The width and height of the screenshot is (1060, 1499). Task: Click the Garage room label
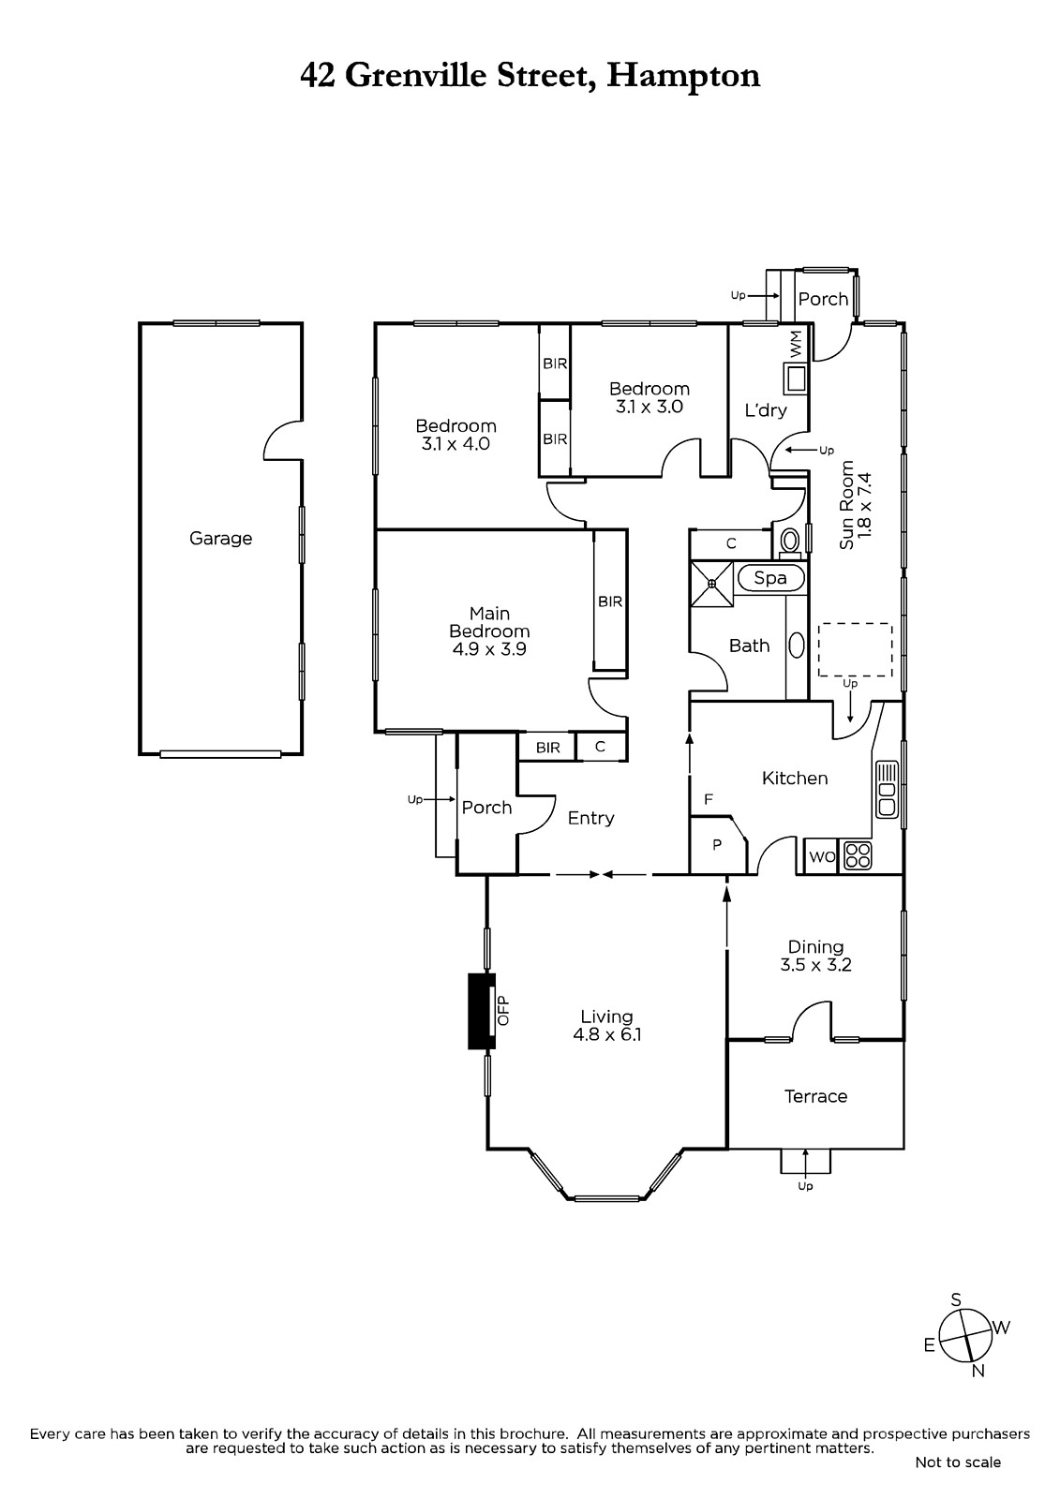[x=220, y=539]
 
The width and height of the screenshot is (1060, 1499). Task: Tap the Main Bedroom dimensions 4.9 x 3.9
[x=489, y=649]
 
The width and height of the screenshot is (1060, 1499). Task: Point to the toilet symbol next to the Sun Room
[x=791, y=541]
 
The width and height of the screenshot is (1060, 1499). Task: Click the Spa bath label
[x=770, y=578]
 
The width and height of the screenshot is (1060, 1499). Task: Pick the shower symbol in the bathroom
[x=711, y=584]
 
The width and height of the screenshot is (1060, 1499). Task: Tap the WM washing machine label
[x=797, y=344]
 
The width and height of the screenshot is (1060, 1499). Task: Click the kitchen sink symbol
[x=887, y=789]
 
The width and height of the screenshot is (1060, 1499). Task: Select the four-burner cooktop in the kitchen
[x=858, y=856]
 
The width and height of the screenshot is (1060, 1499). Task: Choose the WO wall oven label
[x=822, y=857]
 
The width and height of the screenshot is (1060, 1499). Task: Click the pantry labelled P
[x=717, y=844]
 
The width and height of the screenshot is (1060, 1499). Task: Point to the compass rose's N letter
[x=978, y=1372]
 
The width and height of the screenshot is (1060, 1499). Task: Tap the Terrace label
[x=815, y=1096]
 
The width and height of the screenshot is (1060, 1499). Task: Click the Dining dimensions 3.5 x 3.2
[x=815, y=965]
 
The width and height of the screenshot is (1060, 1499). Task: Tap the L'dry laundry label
[x=766, y=410]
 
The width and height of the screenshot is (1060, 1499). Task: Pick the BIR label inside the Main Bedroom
[x=610, y=601]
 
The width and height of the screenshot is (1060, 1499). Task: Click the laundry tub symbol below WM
[x=797, y=379]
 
